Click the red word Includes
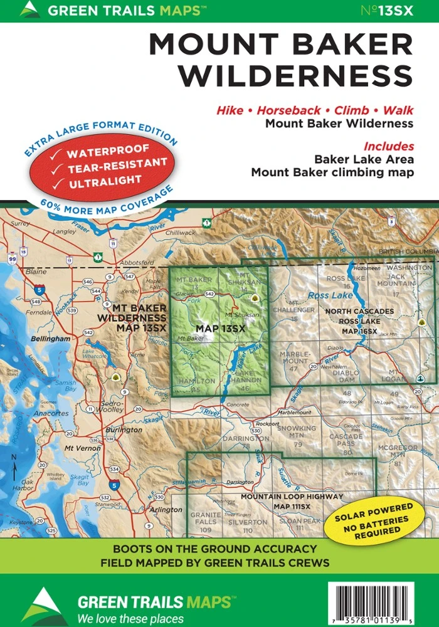(390, 146)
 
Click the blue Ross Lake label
(326, 294)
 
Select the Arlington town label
(166, 509)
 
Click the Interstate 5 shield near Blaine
(40, 290)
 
